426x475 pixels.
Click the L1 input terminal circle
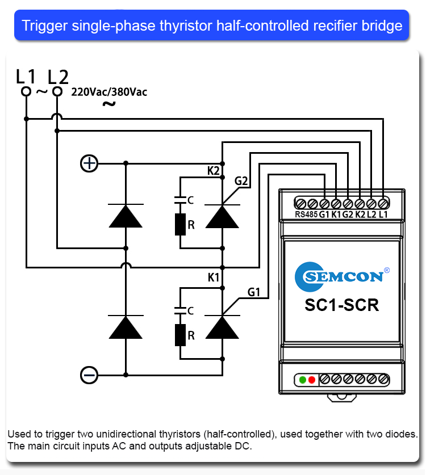26,91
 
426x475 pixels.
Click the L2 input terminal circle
57,91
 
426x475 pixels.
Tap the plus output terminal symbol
89,163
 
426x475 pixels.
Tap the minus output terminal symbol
89,375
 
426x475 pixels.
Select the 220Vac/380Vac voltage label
109,92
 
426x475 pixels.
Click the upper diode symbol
126,216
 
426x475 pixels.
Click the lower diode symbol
126,327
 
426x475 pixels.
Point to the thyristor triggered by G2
222,216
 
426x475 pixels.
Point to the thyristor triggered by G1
222,327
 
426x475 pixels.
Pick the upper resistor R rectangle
180,225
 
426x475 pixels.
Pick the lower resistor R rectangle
180,335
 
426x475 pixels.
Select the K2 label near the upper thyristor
214,170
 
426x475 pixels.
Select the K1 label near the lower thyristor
214,278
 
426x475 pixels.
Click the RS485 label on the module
306,215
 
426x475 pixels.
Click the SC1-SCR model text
341,305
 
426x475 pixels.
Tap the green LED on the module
303,379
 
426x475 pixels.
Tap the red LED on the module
312,379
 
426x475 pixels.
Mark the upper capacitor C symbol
180,199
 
